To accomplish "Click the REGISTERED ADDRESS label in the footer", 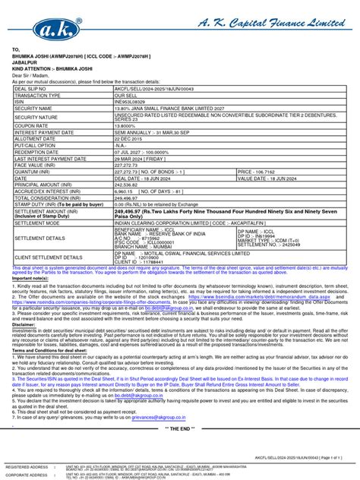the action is [27, 466].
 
